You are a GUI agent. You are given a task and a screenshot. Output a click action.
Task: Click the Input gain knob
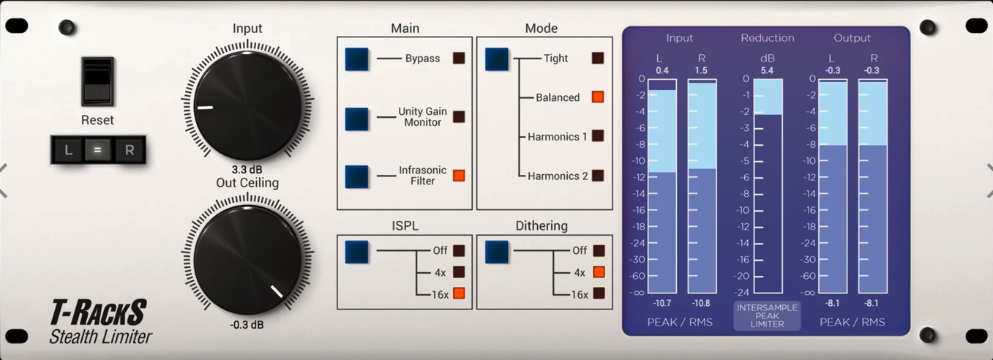coord(247,105)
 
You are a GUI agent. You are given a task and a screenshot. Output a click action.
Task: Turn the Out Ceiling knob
coord(247,260)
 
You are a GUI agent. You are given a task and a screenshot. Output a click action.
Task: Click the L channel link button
coord(68,150)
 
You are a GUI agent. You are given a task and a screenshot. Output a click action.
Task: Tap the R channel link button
coord(130,150)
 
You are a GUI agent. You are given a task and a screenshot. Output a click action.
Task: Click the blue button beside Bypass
coord(357,59)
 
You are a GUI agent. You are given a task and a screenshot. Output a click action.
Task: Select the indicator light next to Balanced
coord(598,97)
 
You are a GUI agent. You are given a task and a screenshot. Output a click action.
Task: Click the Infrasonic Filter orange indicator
coord(459,176)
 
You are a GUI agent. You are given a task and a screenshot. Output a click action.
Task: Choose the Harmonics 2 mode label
coord(558,176)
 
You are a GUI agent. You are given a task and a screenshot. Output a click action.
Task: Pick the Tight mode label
coord(556,59)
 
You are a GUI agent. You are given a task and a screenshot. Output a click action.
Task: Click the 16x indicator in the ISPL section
coord(459,293)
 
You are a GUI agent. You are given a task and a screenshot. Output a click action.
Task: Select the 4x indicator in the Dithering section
coord(599,272)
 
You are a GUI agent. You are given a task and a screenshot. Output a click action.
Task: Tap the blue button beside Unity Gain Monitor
coord(357,117)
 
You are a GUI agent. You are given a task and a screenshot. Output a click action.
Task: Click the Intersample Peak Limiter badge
coord(767,316)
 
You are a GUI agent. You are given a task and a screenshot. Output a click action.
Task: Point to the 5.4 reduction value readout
coord(767,71)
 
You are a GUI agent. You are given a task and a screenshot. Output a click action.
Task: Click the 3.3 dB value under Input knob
coord(247,170)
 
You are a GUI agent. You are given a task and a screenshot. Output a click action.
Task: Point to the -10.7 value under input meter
coord(662,303)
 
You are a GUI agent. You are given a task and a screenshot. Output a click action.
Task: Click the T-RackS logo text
coord(99,313)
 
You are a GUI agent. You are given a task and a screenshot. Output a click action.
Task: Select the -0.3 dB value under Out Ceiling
coord(247,325)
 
